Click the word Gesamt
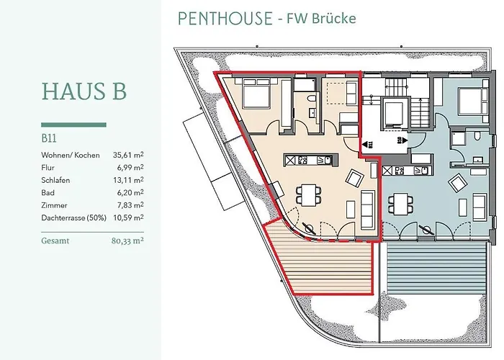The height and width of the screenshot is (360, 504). [x=55, y=242]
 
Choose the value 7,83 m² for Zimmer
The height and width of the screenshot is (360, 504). [x=129, y=204]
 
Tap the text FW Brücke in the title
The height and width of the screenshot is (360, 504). [x=321, y=20]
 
